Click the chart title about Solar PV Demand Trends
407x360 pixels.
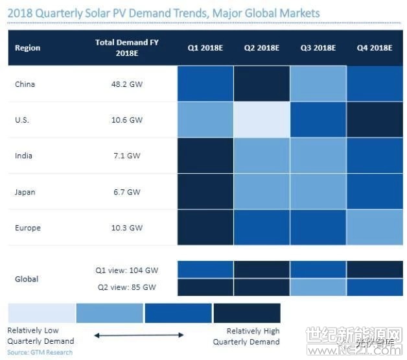163,13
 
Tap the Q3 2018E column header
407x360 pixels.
317,48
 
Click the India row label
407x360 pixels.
23,156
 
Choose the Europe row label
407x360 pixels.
27,228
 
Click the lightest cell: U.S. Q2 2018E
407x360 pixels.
261,120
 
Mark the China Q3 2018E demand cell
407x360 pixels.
317,84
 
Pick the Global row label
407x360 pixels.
27,279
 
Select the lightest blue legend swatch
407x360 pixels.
41,313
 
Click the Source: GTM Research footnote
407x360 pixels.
40,352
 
